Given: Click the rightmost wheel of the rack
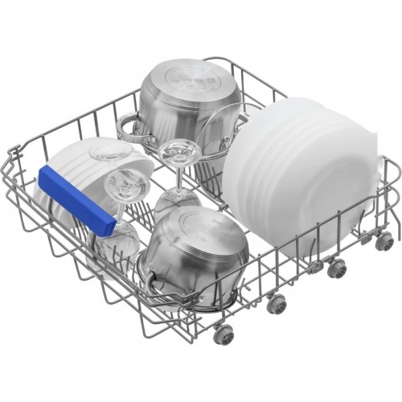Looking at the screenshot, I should click(386, 239).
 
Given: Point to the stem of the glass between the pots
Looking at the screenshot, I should click(174, 177).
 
